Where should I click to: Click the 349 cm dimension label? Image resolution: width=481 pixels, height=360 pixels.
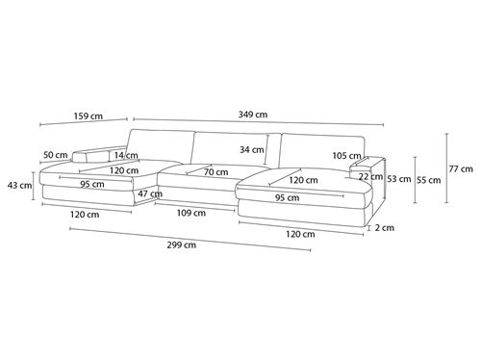click(253, 115)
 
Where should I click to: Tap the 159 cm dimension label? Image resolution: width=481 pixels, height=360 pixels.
click(89, 116)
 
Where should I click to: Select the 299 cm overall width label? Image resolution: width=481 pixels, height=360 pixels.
click(181, 245)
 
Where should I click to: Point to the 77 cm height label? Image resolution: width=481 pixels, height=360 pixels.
click(461, 168)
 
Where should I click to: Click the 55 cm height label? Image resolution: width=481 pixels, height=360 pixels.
click(429, 180)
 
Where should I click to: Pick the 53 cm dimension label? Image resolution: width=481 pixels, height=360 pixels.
click(399, 179)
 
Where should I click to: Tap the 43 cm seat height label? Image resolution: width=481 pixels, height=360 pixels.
click(19, 185)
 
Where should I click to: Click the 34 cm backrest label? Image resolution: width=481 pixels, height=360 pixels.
click(252, 149)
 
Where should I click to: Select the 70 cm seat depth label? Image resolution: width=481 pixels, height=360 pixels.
click(216, 172)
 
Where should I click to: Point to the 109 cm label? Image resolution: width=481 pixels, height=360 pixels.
click(191, 213)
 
